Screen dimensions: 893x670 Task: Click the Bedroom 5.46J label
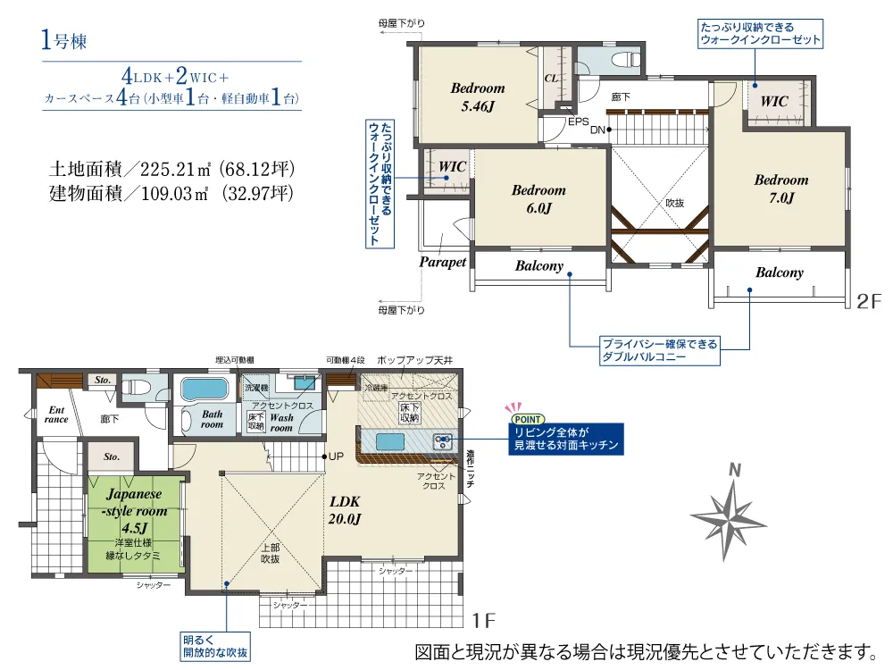point(477,96)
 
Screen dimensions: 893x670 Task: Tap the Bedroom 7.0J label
point(780,188)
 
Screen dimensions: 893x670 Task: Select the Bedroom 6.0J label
point(538,199)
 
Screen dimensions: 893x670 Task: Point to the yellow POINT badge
point(527,419)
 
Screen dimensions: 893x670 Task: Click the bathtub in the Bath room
point(204,389)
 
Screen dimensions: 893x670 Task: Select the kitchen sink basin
point(390,442)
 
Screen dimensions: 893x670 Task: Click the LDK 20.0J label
point(345,510)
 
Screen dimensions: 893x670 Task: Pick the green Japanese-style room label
point(135,511)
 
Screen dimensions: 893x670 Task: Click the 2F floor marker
point(869,301)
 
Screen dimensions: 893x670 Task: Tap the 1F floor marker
point(483,621)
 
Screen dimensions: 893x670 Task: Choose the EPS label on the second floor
point(578,121)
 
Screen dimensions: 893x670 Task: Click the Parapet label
point(443,262)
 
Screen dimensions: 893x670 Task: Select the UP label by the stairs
point(336,456)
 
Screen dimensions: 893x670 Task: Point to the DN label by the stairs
point(597,130)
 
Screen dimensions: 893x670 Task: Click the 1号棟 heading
point(63,40)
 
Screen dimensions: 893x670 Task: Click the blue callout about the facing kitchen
point(565,439)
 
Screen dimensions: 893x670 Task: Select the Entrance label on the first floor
point(56,415)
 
